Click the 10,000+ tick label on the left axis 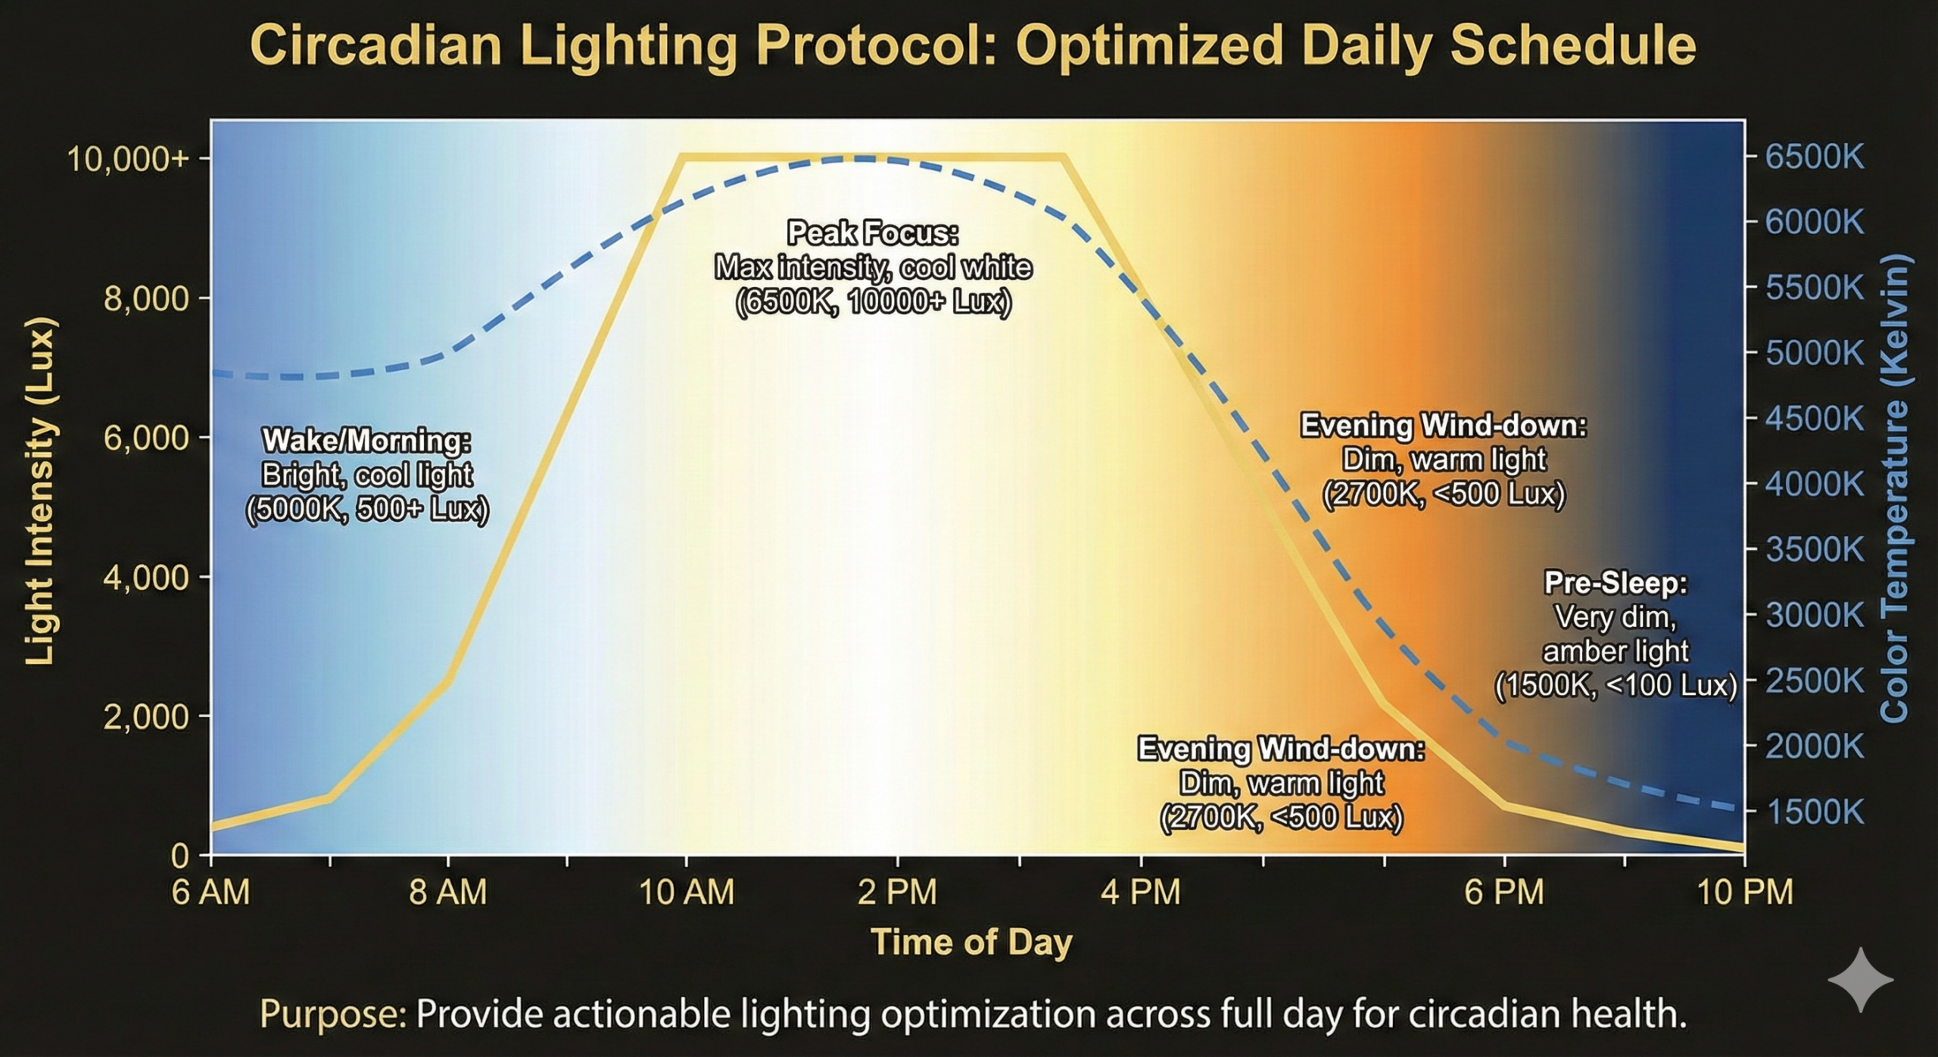[128, 160]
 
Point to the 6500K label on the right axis [1815, 157]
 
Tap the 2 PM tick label [897, 893]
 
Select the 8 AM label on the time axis [448, 893]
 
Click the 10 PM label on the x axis [1745, 893]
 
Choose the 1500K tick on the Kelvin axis [1815, 812]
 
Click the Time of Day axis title [972, 943]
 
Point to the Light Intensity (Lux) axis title [39, 492]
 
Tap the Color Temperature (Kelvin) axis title [1894, 488]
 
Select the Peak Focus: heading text [873, 233]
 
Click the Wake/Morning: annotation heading [366, 441]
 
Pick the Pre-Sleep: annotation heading [1616, 583]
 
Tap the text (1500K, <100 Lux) [1616, 685]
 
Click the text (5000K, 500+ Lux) [367, 510]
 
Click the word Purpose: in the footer [333, 1014]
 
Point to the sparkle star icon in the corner [1860, 981]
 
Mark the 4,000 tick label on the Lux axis [145, 578]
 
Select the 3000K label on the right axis [1815, 616]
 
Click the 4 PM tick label [1141, 893]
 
